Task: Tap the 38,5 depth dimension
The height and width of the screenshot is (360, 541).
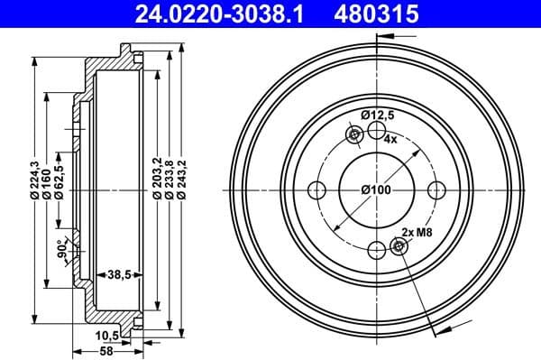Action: pyautogui.click(x=120, y=272)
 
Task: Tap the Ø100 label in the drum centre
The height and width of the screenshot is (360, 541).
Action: pyautogui.click(x=376, y=190)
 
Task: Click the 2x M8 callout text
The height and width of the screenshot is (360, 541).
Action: pyautogui.click(x=416, y=233)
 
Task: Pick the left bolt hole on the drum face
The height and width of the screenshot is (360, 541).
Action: pyautogui.click(x=316, y=190)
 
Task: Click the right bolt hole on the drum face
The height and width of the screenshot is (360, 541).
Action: pyautogui.click(x=436, y=190)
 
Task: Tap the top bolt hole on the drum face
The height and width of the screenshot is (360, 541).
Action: pyautogui.click(x=376, y=131)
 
